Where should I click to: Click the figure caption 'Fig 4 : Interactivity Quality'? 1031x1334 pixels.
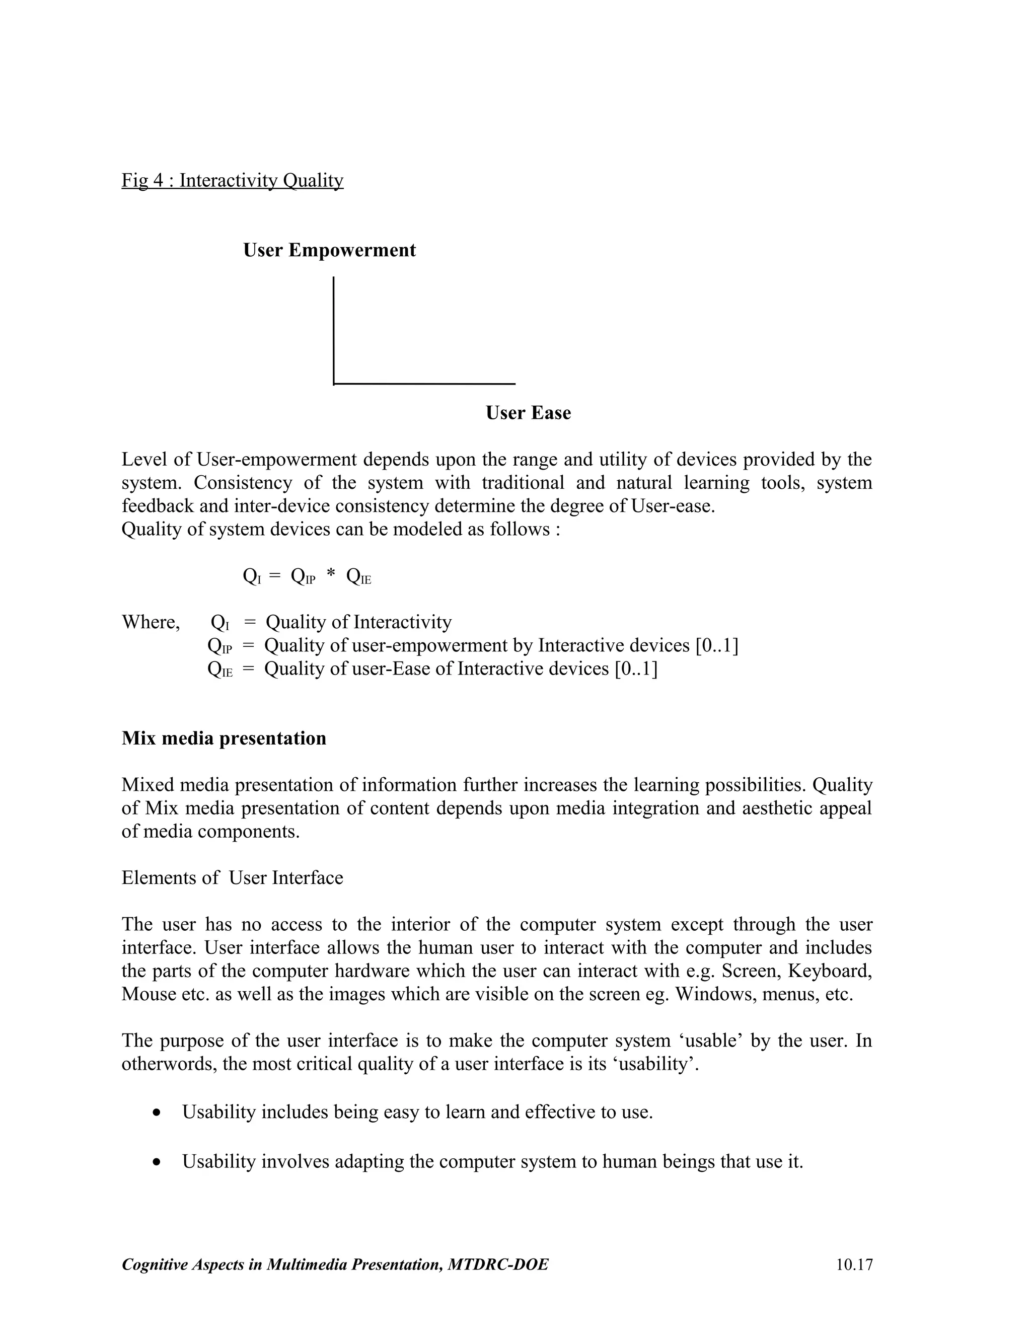point(232,180)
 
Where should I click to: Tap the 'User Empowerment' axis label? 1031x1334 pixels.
point(329,250)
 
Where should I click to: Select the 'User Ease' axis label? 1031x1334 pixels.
point(528,413)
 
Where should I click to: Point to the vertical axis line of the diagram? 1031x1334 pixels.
point(333,330)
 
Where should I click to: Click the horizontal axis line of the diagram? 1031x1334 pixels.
point(424,384)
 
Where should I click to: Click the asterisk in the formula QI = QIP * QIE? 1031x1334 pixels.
point(330,574)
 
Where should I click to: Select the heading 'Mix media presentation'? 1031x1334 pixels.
point(224,738)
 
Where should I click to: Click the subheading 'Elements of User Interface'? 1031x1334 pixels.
point(232,878)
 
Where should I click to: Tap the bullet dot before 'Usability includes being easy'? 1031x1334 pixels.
point(158,1113)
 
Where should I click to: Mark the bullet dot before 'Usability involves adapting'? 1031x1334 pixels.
point(158,1162)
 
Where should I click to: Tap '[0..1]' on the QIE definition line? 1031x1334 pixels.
point(636,669)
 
